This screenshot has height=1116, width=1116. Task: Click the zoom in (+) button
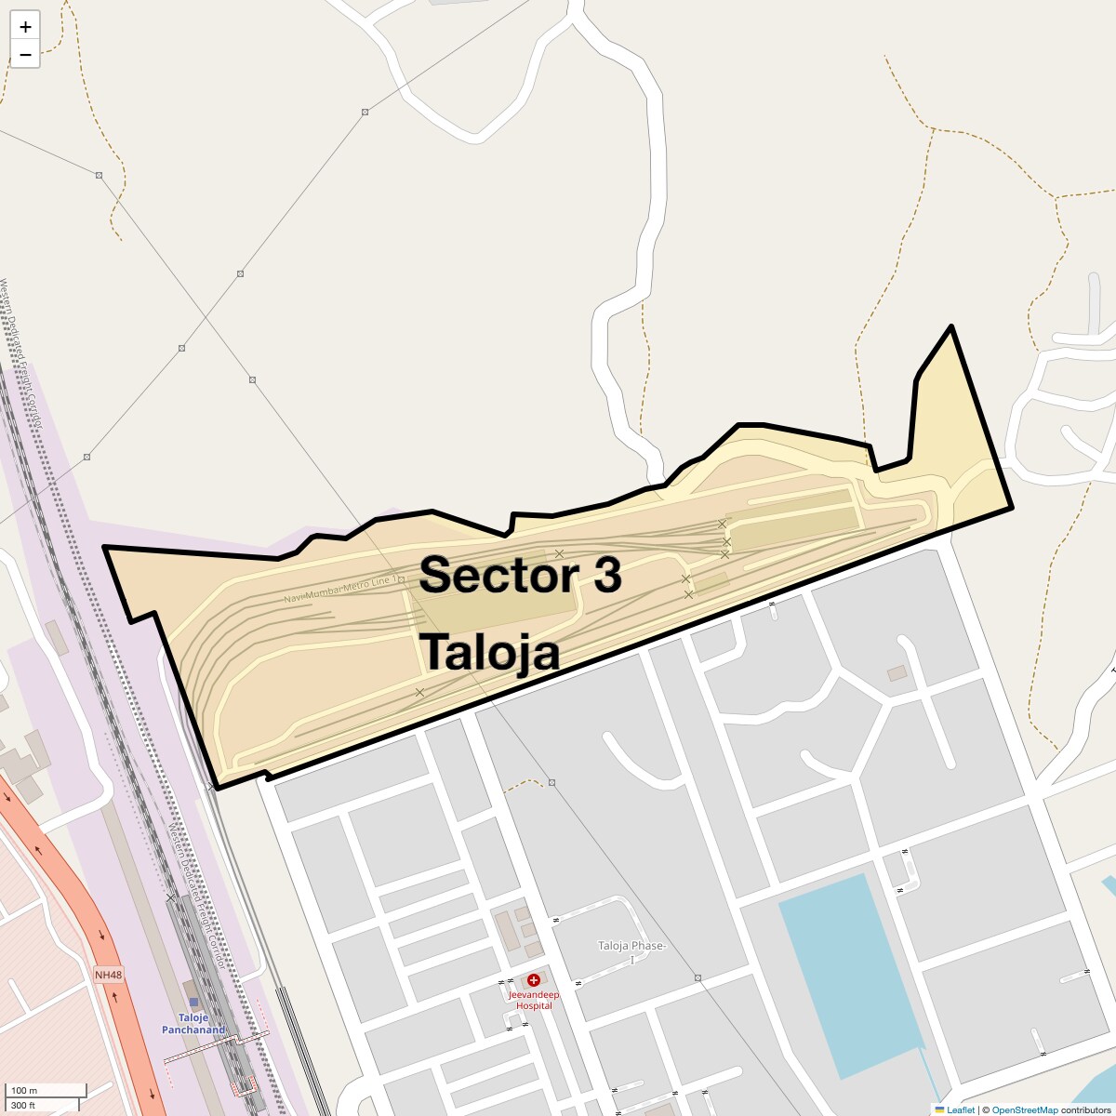click(25, 27)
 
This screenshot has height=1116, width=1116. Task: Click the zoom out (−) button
click(25, 54)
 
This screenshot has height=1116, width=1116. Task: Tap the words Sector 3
click(520, 575)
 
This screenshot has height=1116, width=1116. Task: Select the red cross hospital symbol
click(534, 980)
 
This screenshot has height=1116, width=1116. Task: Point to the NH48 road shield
click(108, 975)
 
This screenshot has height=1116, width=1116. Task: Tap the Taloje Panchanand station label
click(193, 1024)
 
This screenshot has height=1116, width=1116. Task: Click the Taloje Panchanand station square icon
click(193, 1002)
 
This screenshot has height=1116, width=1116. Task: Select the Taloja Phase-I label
click(631, 951)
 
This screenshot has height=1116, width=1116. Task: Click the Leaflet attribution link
click(960, 1109)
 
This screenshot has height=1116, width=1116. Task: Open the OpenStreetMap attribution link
click(1024, 1109)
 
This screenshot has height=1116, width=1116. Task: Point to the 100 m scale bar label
click(25, 1090)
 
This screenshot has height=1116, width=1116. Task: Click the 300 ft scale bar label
click(24, 1105)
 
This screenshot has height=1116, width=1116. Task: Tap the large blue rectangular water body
click(851, 976)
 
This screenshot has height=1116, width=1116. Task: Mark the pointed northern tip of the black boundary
click(950, 326)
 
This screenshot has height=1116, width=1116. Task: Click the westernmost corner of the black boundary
click(104, 547)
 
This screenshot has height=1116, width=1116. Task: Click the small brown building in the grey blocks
click(897, 672)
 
